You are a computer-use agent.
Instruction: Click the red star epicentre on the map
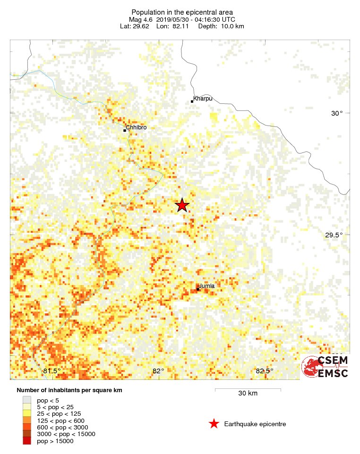[x=182, y=205]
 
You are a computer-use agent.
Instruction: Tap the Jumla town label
[x=206, y=286]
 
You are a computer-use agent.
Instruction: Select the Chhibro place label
[x=137, y=127]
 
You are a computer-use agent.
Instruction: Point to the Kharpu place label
[x=203, y=98]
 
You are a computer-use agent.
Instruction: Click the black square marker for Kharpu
[x=192, y=101]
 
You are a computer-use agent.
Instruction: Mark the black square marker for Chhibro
[x=125, y=130]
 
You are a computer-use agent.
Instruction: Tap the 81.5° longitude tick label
[x=52, y=371]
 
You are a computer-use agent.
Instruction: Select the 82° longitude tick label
[x=158, y=371]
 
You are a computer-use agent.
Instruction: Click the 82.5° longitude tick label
[x=265, y=371]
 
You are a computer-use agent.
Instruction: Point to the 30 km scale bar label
[x=248, y=393]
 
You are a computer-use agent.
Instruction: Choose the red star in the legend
[x=214, y=424]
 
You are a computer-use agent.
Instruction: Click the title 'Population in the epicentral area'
[x=182, y=12]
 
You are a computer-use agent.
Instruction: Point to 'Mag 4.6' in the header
[x=141, y=19]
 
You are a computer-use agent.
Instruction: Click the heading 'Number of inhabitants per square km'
[x=69, y=391]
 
